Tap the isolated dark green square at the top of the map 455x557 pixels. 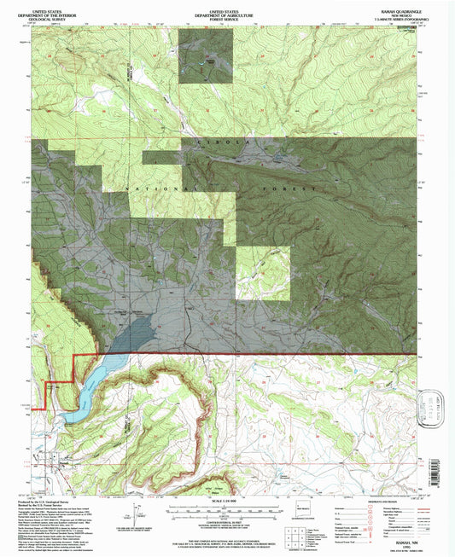tap(204, 62)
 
